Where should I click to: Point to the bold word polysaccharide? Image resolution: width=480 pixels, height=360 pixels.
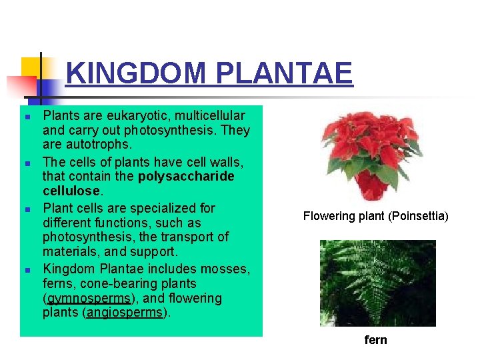tap(186, 177)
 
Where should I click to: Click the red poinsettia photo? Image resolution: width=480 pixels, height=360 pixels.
tap(371, 155)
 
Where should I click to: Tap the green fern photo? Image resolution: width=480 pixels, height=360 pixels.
tap(377, 283)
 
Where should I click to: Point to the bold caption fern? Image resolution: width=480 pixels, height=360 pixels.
tap(375, 340)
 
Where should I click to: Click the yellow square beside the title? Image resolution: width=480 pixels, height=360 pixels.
tap(31, 68)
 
